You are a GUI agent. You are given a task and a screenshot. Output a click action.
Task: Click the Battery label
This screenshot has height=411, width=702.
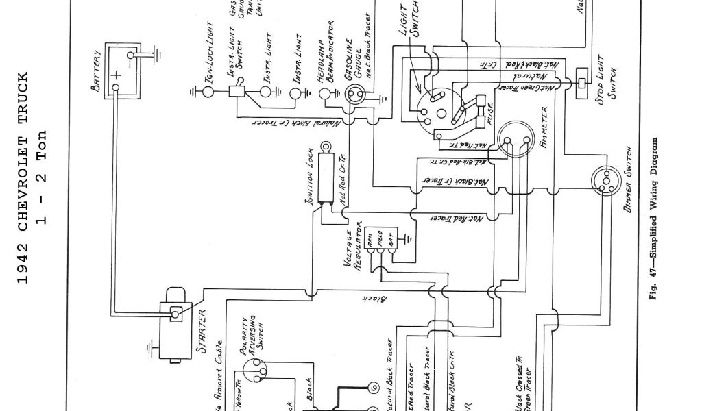(97, 71)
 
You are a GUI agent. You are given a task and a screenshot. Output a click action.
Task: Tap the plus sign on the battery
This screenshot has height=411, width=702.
(117, 75)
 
